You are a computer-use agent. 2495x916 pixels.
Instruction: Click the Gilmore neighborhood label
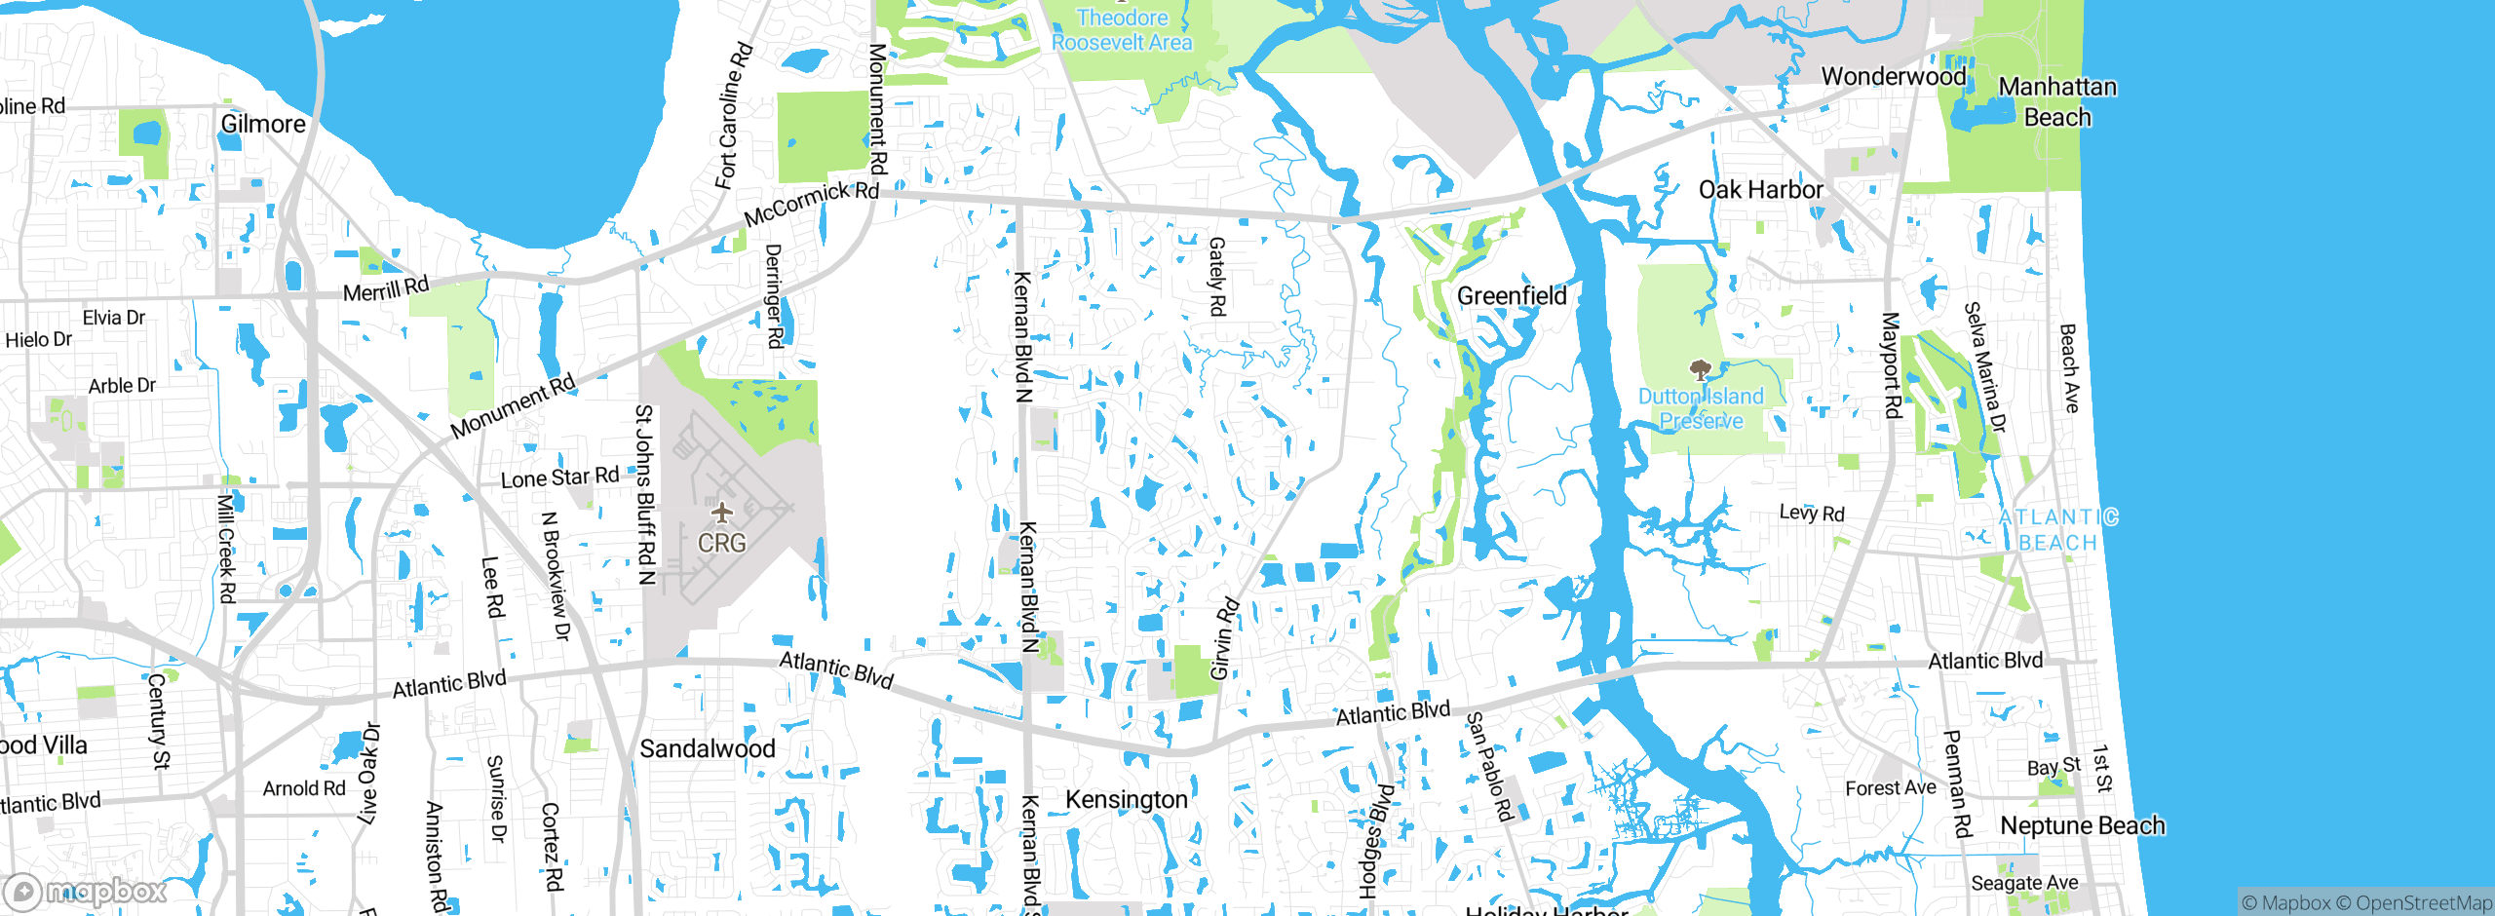coord(263,124)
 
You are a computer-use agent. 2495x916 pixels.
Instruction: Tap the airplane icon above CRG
coord(721,512)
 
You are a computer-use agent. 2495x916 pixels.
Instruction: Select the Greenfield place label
coord(1512,296)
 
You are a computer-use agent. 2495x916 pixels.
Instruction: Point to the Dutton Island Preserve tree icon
coord(1701,370)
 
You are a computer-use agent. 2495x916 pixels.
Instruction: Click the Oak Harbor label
coord(1760,190)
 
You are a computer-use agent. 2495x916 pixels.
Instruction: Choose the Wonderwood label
coord(1893,76)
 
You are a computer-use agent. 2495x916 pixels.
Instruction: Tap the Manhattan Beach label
coord(2057,101)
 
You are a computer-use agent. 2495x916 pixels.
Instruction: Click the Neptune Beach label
coord(2082,825)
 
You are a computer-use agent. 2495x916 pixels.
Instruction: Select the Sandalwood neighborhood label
coord(708,748)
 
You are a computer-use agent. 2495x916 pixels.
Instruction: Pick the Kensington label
coord(1126,800)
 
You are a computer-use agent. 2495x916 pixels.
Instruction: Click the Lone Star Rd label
coord(559,477)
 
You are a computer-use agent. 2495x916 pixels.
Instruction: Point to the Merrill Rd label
coord(386,289)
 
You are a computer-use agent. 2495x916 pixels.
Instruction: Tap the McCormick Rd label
coord(811,203)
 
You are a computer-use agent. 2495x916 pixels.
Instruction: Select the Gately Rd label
coord(1217,277)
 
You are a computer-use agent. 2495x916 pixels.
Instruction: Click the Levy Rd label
coord(1812,513)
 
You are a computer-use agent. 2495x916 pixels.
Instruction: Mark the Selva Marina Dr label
coord(1984,366)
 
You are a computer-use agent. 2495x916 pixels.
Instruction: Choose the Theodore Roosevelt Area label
coord(1122,30)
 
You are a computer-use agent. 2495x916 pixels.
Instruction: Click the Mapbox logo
coord(86,892)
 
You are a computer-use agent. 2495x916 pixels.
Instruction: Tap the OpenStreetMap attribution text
coord(2423,903)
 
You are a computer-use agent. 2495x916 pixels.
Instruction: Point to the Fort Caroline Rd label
coord(733,115)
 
